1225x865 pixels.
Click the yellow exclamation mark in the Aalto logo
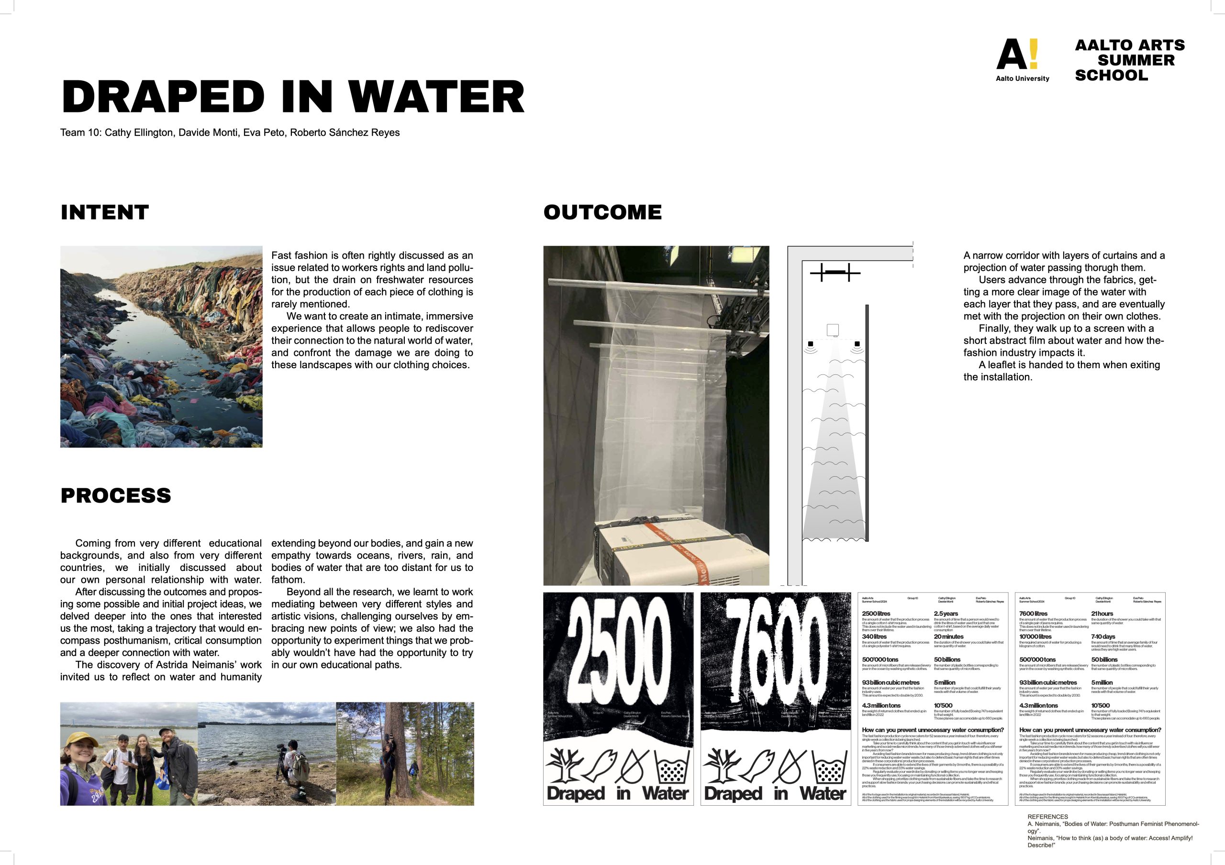pos(1034,54)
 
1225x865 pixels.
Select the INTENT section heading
pos(105,212)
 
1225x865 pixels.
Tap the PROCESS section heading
pos(116,495)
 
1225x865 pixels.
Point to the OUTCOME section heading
pos(602,212)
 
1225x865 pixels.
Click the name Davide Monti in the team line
pos(208,132)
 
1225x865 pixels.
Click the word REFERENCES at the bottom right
pos(1047,817)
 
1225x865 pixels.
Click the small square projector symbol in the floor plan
pos(832,329)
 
